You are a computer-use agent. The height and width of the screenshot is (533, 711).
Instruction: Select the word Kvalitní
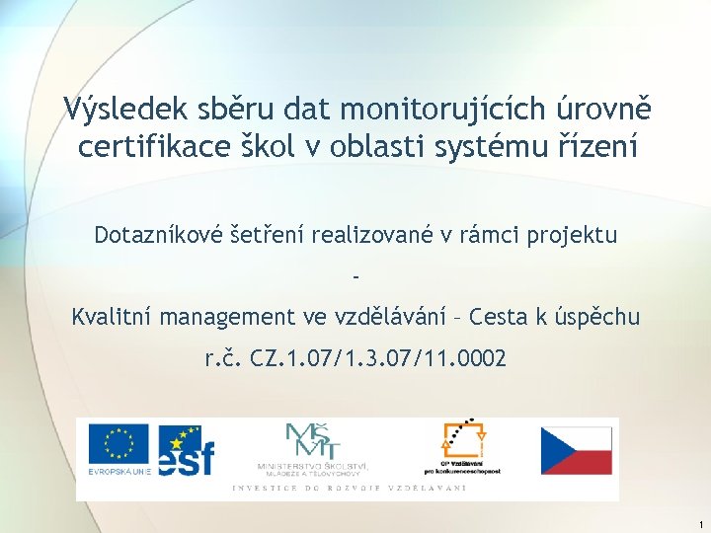pos(111,318)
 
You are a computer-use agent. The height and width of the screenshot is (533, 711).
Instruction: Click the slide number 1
pos(699,522)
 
